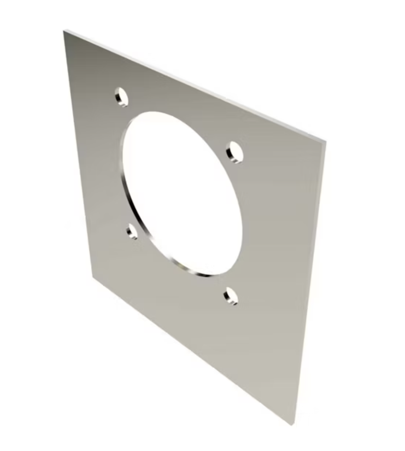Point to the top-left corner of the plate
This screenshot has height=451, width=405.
pos(64,31)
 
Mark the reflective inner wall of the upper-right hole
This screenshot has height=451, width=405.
pos(231,154)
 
